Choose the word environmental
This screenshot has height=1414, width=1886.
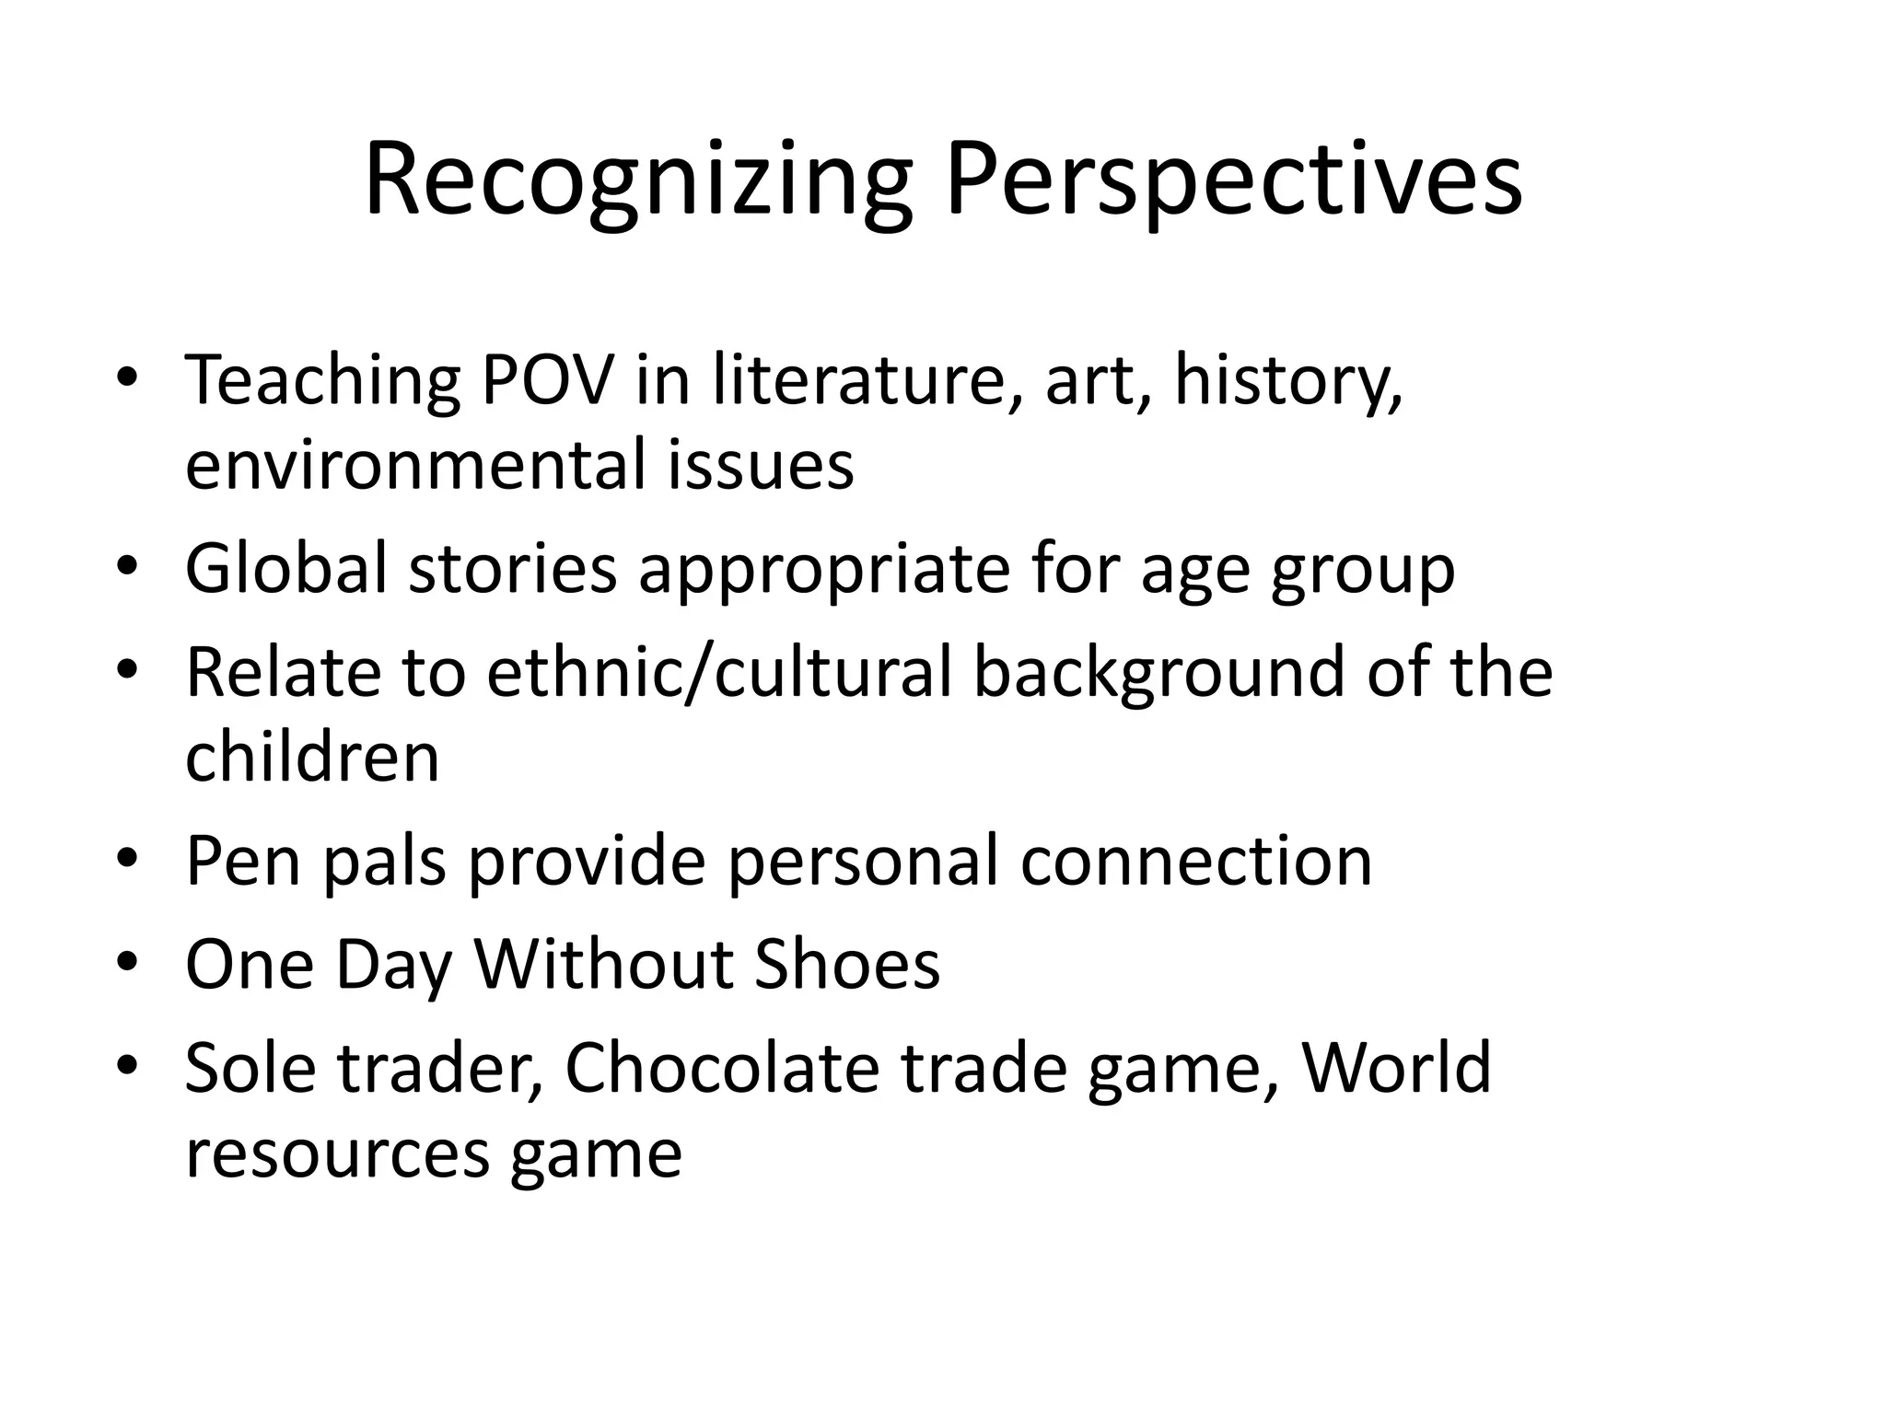click(x=413, y=465)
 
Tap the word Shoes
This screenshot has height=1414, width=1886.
click(x=847, y=964)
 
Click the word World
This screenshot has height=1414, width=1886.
click(x=1396, y=1067)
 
